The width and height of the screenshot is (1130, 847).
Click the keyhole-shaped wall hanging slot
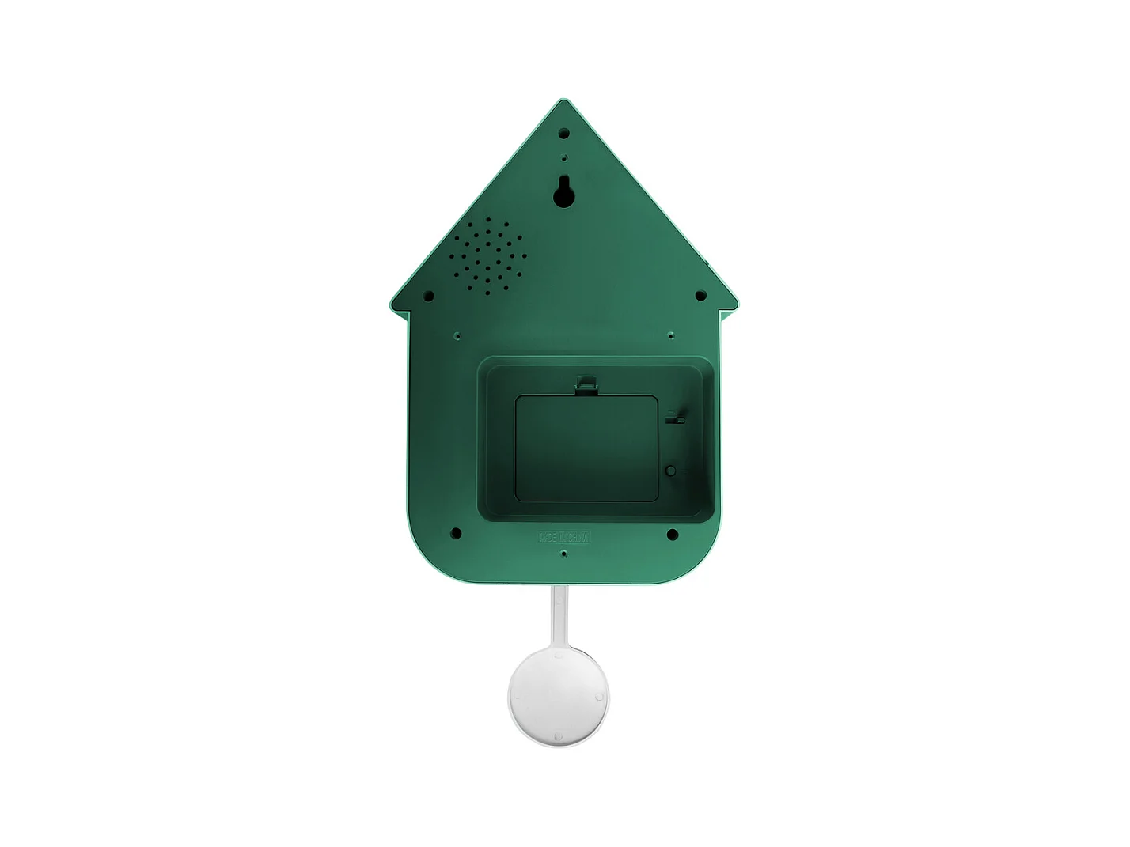563,191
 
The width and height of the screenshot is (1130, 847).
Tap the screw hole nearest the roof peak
563,134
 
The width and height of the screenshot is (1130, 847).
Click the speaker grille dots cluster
486,255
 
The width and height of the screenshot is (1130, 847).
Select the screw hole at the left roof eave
428,297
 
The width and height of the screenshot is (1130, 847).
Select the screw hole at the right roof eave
700,296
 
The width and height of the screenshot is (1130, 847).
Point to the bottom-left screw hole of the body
456,534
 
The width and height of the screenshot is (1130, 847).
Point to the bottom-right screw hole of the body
672,535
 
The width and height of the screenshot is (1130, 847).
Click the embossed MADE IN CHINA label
564,538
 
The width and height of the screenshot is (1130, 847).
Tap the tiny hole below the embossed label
563,554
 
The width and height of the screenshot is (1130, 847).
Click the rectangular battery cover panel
586,448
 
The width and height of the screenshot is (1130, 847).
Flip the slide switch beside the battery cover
675,416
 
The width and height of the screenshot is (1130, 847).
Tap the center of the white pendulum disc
559,697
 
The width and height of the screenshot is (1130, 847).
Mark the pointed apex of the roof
563,100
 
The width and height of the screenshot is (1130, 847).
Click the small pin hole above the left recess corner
457,335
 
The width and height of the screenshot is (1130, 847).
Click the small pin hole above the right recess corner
671,335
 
